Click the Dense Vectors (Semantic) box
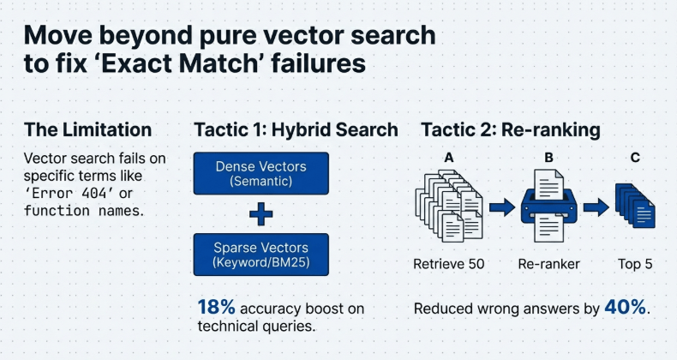(261, 173)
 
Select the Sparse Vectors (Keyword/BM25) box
(261, 255)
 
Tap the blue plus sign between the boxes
(261, 214)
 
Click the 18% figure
(216, 308)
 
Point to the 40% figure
(625, 308)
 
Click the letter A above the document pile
(449, 158)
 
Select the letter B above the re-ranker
(548, 158)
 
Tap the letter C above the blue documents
(635, 158)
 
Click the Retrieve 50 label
(448, 264)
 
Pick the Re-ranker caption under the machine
(548, 264)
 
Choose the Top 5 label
(635, 264)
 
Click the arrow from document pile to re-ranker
(502, 207)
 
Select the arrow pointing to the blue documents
(596, 207)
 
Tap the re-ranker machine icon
(548, 207)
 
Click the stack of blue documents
(635, 206)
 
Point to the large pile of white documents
(449, 206)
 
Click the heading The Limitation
(88, 129)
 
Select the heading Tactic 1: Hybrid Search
(297, 129)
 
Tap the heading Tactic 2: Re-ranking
(511, 130)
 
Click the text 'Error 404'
(69, 193)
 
